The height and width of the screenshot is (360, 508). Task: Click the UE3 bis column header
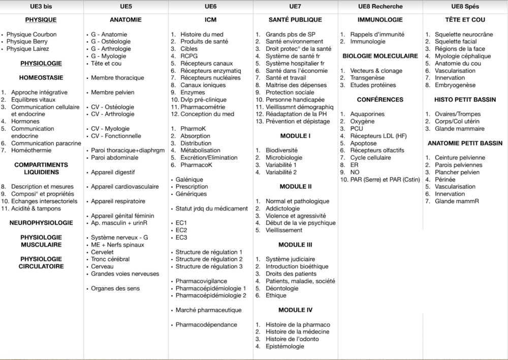[x=42, y=6]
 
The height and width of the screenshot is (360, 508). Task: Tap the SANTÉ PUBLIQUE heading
[x=295, y=20]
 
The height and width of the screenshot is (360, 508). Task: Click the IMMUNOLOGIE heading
[x=380, y=20]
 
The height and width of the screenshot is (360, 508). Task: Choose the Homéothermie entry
[x=31, y=151]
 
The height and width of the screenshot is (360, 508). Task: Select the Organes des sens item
[x=115, y=288]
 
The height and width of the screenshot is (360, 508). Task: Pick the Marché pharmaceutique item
[x=208, y=310]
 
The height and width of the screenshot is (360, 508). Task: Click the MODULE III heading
[x=295, y=245]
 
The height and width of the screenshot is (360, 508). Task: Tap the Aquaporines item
[x=367, y=114]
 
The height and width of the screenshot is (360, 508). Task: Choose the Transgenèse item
[x=368, y=78]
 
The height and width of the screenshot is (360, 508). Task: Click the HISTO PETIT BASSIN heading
[x=465, y=100]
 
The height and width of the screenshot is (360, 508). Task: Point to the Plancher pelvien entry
[x=456, y=172]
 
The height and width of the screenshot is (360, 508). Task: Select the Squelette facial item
[x=456, y=42]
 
